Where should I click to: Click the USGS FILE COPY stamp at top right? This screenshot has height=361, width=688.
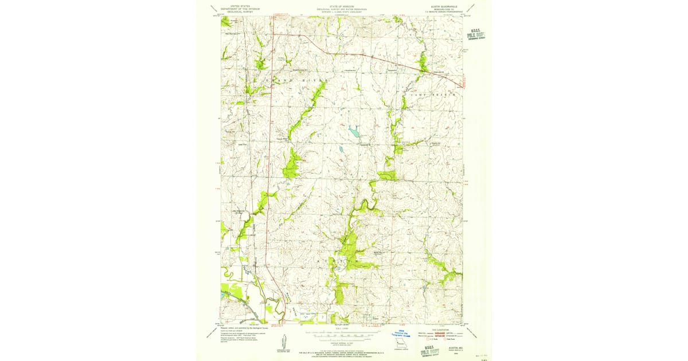click(x=475, y=35)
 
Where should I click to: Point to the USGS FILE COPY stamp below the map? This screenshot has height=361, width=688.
click(x=428, y=347)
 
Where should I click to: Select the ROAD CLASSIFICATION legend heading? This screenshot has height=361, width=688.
click(x=441, y=330)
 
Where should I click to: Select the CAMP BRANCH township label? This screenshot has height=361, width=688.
click(x=437, y=94)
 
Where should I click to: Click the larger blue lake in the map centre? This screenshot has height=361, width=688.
click(x=354, y=132)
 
